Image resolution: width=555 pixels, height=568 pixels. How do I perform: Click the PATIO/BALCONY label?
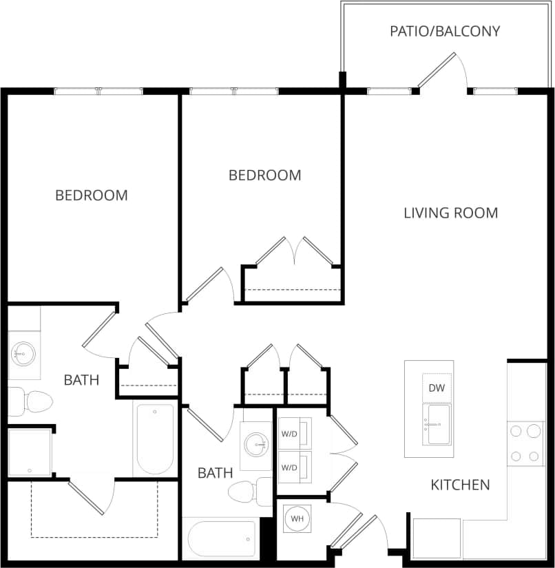tap(445, 31)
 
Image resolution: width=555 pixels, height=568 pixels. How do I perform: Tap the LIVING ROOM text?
tap(450, 213)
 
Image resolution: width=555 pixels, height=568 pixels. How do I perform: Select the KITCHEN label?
tap(460, 485)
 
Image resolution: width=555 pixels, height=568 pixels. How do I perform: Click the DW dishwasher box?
tap(437, 388)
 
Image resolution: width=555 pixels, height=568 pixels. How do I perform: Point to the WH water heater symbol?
tap(297, 518)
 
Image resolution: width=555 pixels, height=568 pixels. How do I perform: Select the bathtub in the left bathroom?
tap(155, 439)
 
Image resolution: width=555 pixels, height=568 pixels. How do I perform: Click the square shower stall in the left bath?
tap(30, 452)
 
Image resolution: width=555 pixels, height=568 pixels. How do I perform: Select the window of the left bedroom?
tap(98, 91)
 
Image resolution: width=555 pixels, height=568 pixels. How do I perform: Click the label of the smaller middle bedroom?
tap(264, 176)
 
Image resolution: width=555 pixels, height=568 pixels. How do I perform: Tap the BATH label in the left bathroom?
tap(81, 379)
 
